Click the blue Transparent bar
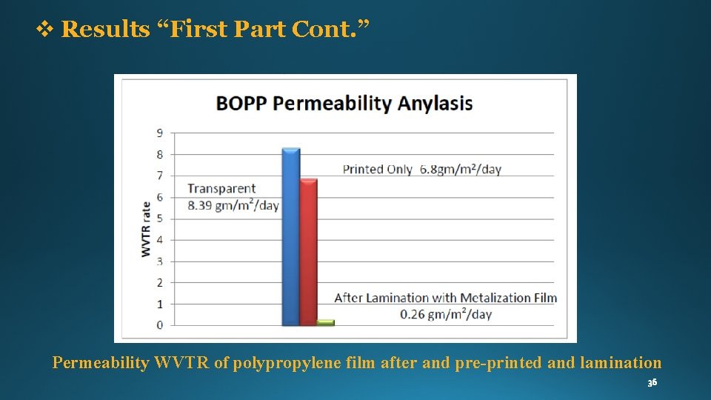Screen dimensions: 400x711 (x=291, y=237)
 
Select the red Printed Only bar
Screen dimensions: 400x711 (x=309, y=252)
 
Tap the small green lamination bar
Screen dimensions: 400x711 (x=326, y=322)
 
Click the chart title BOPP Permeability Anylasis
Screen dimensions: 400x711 (x=344, y=103)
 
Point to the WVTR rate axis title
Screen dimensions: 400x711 (x=146, y=230)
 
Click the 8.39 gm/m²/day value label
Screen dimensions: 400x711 (x=233, y=205)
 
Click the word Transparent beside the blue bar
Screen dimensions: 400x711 (x=221, y=189)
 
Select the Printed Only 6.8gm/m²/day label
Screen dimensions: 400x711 (x=421, y=169)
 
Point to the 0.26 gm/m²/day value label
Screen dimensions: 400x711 (x=446, y=314)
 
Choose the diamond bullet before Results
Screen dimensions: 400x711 (x=45, y=30)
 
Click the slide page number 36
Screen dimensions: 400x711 (x=652, y=383)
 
